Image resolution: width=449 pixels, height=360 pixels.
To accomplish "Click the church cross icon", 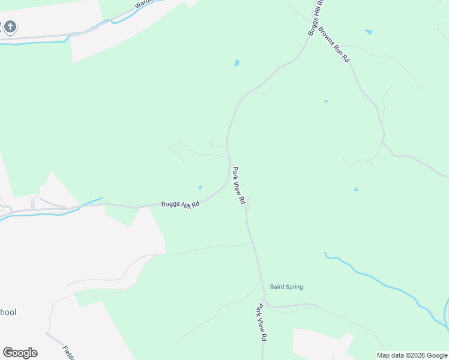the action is (10, 27).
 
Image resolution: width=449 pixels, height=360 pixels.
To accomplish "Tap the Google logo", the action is (20, 353).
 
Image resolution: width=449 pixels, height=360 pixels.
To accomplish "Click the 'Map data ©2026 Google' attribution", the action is (412, 355).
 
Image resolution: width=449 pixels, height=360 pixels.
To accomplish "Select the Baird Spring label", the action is (286, 287).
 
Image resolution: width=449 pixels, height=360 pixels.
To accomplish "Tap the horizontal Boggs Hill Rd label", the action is (179, 205).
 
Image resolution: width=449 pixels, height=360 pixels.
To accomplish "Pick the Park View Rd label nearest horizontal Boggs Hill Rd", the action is (239, 186).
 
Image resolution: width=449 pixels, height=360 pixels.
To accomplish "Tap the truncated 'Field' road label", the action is (68, 352).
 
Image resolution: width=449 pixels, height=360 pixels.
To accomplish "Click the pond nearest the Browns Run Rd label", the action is (368, 31).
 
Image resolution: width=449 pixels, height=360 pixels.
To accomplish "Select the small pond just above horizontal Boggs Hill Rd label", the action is (200, 187).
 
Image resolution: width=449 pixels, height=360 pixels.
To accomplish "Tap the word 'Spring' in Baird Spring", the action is (294, 287).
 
